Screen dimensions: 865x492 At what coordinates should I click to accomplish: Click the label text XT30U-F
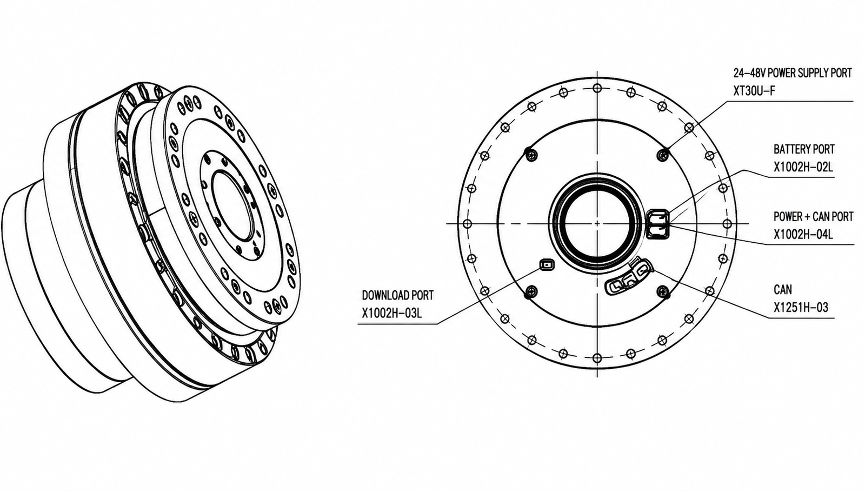point(754,91)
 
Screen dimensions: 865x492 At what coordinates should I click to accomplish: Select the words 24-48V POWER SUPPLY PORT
point(793,73)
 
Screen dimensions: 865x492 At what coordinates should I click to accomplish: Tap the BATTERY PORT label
point(804,149)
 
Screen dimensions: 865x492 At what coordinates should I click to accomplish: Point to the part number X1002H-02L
point(803,167)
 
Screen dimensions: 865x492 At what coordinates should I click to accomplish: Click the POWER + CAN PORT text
point(813,217)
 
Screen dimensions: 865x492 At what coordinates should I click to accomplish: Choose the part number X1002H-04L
point(803,235)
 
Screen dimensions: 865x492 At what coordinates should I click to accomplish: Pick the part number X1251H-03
point(801,308)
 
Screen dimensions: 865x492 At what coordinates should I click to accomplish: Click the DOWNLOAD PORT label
point(398,295)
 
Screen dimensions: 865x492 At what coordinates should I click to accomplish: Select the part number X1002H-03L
point(391,313)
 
